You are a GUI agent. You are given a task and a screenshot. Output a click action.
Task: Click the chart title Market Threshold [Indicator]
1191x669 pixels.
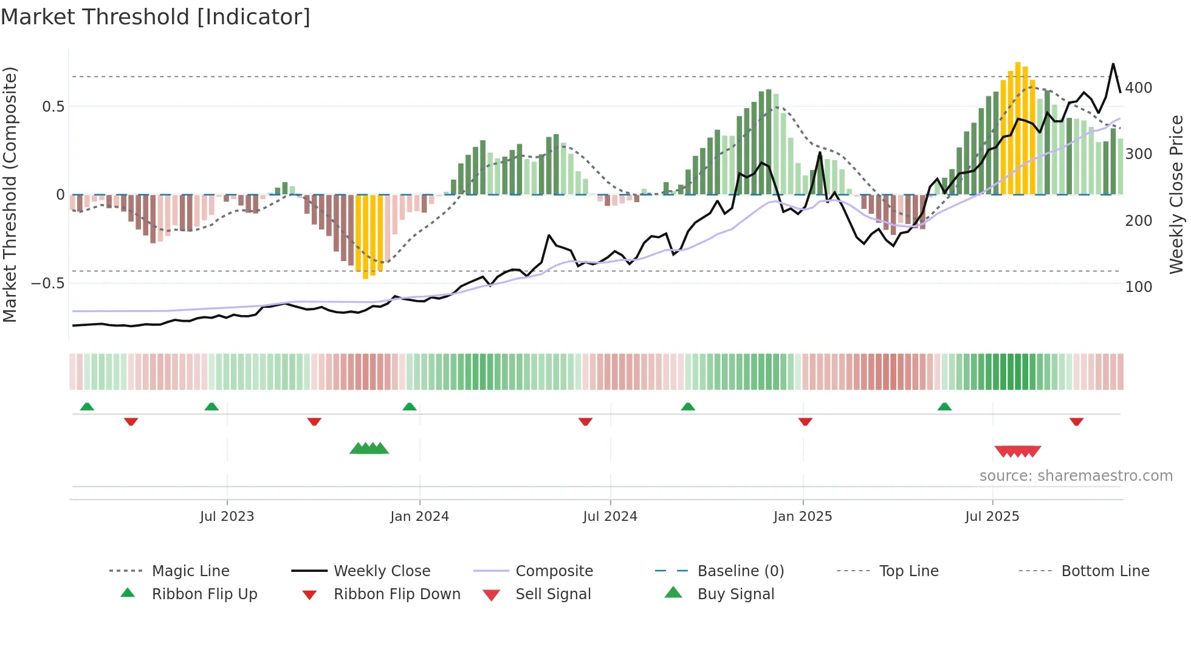tap(156, 17)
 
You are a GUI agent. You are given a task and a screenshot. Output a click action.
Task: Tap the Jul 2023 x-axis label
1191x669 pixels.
tap(227, 517)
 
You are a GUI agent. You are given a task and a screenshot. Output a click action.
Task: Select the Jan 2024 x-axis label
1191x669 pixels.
tap(419, 517)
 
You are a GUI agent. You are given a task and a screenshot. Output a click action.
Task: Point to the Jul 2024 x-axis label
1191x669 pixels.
tap(610, 517)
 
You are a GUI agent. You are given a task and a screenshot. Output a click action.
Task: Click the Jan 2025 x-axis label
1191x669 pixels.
tap(803, 517)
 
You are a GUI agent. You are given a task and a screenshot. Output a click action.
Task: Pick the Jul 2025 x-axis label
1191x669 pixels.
tap(992, 517)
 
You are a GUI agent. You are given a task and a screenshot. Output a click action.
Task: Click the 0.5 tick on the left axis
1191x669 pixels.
tap(53, 107)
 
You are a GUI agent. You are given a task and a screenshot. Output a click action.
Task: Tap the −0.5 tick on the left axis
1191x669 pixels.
tap(48, 284)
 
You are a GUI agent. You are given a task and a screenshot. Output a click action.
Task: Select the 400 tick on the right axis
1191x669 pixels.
tap(1138, 88)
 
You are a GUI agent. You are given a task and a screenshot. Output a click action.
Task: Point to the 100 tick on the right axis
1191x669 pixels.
tap(1138, 287)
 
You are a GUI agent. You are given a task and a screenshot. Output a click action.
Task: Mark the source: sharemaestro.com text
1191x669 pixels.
tap(1076, 476)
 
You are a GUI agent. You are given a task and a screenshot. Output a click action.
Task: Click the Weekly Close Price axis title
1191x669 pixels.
tap(1176, 194)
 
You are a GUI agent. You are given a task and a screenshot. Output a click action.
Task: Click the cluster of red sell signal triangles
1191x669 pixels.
tap(1018, 451)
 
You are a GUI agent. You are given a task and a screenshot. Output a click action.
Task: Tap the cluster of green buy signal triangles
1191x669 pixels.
tap(369, 449)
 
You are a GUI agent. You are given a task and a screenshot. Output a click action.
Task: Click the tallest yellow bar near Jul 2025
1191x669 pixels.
tap(1018, 127)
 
